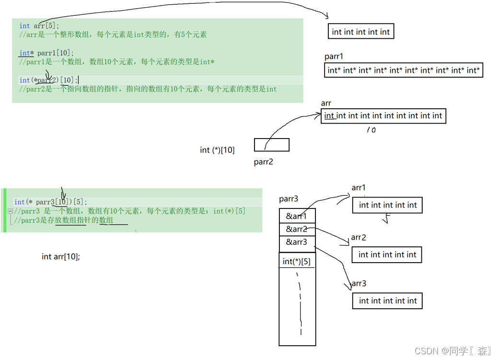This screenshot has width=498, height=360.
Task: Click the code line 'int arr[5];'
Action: [39, 26]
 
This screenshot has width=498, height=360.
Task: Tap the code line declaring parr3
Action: [51, 202]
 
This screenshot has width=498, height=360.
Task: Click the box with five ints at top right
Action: [360, 32]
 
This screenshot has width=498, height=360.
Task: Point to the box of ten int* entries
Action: [403, 70]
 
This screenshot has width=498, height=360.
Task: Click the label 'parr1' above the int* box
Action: [334, 57]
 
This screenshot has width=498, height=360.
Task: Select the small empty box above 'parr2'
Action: [271, 144]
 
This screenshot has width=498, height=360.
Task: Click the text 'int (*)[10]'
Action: [217, 150]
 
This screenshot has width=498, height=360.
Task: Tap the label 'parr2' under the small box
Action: [263, 162]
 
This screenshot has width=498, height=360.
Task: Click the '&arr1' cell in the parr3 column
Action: [297, 216]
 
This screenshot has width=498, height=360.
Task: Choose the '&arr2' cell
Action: [297, 229]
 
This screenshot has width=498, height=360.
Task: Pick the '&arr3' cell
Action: [297, 242]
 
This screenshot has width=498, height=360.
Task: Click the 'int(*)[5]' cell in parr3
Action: [297, 261]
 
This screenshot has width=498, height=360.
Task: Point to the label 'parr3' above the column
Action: [289, 199]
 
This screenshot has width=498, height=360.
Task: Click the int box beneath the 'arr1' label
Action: [388, 205]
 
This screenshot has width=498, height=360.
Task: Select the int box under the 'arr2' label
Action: [387, 255]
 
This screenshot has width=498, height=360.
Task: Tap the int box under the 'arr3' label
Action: [387, 301]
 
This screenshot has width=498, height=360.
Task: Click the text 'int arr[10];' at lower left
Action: [61, 256]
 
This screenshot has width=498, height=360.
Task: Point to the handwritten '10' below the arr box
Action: [371, 129]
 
